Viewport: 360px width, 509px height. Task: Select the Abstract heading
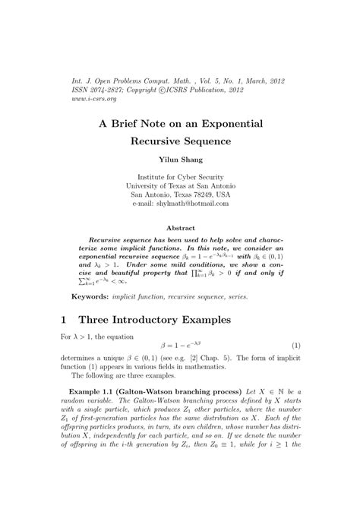point(180,227)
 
